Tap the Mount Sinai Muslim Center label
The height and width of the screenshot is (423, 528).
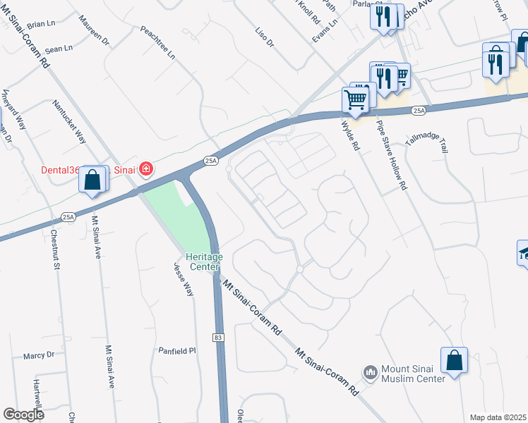(413, 374)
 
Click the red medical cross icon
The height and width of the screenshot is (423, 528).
(146, 168)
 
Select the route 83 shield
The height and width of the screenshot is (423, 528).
(217, 338)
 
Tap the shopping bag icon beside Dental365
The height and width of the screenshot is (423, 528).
(92, 180)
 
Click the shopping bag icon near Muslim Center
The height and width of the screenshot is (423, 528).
(455, 360)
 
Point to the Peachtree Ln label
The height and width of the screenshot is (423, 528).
(157, 43)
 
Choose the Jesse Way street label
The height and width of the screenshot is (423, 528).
(184, 279)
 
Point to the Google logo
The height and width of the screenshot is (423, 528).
(23, 415)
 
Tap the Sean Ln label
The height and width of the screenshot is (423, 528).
(59, 50)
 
